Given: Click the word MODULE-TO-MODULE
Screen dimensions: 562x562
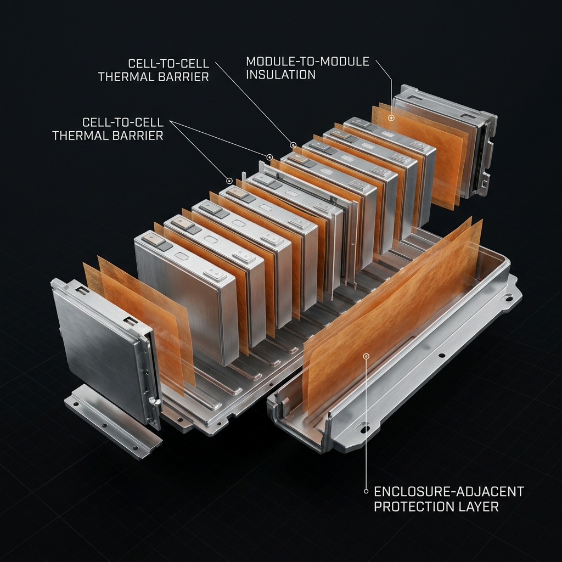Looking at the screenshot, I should tap(307, 61).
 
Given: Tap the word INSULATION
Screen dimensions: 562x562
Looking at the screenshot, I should tap(280, 74).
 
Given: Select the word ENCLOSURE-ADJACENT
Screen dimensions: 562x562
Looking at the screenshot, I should tap(448, 491).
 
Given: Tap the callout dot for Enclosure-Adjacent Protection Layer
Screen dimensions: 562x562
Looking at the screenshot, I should tap(366, 356).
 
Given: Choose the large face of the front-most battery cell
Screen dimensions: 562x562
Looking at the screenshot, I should tap(178, 302).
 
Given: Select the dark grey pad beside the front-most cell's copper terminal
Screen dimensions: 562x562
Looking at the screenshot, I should tap(163, 246).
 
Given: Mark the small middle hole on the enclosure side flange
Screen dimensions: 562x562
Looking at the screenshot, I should tap(442, 356).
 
